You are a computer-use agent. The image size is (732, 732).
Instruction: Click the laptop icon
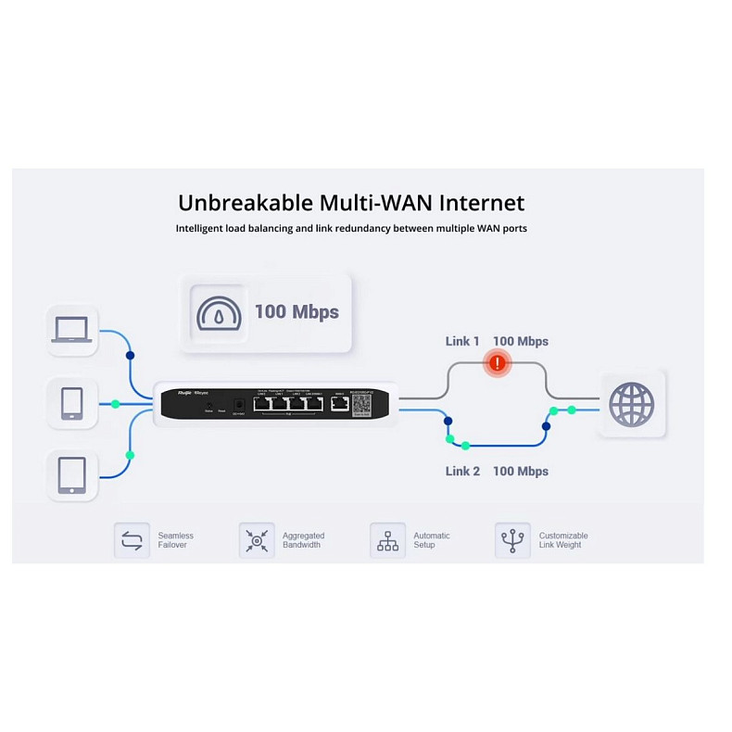(x=71, y=330)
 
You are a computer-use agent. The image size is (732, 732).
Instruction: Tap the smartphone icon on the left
(x=71, y=403)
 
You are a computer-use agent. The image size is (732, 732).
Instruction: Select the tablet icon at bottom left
(x=71, y=475)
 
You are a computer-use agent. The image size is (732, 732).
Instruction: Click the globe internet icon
(x=632, y=405)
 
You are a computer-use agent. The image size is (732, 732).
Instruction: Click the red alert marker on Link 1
(x=499, y=364)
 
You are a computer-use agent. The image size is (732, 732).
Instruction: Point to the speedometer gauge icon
(x=220, y=312)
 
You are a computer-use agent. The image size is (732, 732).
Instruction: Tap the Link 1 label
(x=462, y=341)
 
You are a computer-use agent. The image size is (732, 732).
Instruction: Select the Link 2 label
(x=462, y=471)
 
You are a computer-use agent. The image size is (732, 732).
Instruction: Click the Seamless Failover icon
(x=132, y=540)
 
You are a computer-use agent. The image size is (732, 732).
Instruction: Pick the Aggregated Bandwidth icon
(x=257, y=540)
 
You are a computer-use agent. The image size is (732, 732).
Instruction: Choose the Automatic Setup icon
(x=387, y=540)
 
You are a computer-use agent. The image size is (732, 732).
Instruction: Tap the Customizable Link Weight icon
(x=512, y=540)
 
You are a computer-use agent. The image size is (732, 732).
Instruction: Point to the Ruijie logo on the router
(x=171, y=394)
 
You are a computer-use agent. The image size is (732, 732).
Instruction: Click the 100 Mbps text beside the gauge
(x=297, y=312)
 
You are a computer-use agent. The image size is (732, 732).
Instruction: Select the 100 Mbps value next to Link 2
(x=521, y=471)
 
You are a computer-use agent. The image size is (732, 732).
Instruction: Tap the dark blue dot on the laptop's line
(x=130, y=355)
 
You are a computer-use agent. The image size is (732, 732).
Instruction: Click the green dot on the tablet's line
(x=130, y=455)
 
